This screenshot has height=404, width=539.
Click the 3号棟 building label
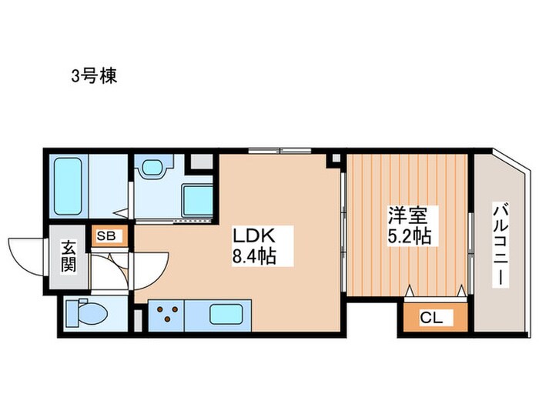pos(95,77)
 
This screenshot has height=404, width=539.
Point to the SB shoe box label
pos(107,235)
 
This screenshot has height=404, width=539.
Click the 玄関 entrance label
pos(69,258)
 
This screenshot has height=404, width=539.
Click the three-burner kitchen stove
pos(169,314)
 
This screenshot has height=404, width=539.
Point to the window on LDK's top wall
pos(280,149)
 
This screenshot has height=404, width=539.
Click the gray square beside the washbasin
pos(199,162)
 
